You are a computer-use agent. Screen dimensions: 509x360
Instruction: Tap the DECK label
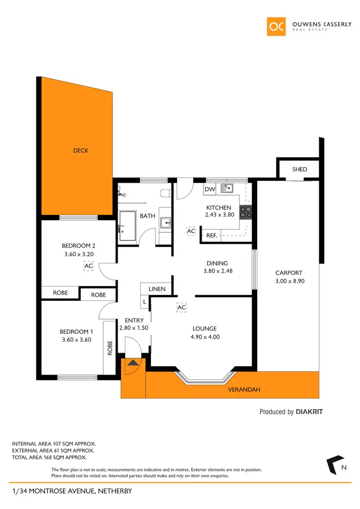(81, 151)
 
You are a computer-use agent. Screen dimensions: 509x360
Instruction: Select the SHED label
(300, 169)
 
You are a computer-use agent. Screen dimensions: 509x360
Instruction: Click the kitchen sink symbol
(227, 189)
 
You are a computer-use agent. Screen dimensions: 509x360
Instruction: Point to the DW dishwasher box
(210, 189)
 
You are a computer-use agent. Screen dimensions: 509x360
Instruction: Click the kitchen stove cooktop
(246, 212)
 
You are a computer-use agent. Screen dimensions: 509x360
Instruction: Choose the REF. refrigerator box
(211, 236)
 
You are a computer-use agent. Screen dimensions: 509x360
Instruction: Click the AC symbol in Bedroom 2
(88, 266)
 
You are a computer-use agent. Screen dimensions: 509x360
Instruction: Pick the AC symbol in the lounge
(181, 308)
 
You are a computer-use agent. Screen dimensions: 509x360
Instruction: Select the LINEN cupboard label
(157, 289)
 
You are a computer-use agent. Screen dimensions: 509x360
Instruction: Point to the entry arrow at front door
(132, 363)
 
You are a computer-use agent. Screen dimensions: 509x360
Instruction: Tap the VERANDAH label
(245, 390)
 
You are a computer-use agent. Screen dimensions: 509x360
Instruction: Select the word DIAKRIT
(312, 412)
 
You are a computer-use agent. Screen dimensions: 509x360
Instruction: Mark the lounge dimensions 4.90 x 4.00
(205, 337)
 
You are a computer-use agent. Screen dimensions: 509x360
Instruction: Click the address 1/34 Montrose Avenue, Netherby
(72, 491)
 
